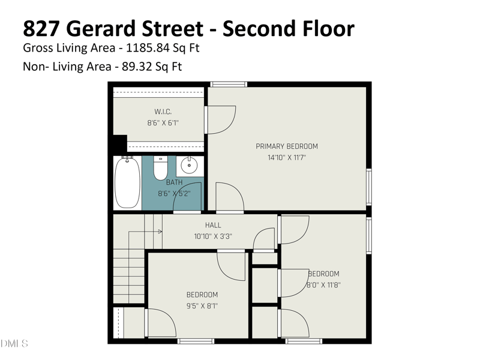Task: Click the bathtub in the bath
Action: (127, 182)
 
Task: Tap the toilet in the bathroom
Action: (160, 168)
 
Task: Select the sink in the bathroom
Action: (190, 163)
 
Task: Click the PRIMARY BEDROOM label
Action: (287, 146)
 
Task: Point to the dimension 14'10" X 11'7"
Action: (287, 158)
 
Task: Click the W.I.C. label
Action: (163, 111)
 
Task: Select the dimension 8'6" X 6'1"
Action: (163, 123)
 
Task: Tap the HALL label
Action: (213, 225)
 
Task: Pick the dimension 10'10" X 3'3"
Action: (213, 236)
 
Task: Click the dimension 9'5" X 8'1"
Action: (202, 305)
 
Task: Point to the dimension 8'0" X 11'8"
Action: (323, 285)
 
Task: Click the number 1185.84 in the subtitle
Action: (130, 47)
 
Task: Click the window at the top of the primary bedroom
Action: (229, 84)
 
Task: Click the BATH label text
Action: (175, 182)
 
